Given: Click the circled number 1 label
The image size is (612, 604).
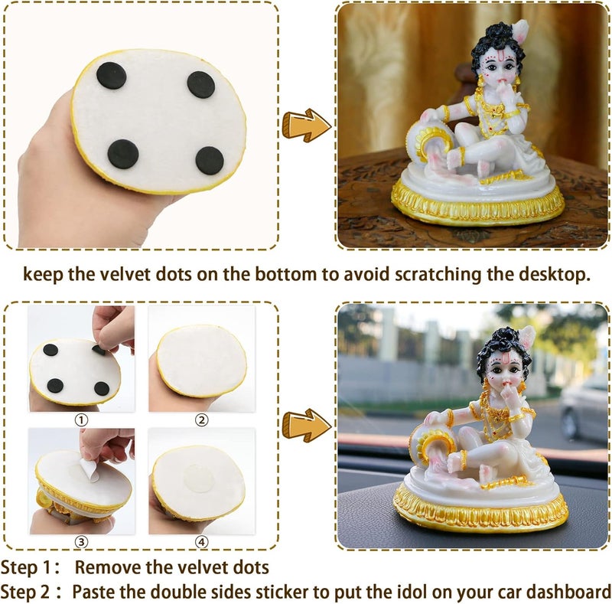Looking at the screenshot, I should [x=81, y=419].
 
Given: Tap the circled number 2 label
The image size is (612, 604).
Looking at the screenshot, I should [x=201, y=419].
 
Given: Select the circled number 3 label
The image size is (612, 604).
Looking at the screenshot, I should [x=81, y=543].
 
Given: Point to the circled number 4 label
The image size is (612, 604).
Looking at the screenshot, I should [x=201, y=543].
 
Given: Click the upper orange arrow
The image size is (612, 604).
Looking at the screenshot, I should [x=306, y=125].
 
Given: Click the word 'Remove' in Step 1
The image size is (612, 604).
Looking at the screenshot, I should [x=112, y=568].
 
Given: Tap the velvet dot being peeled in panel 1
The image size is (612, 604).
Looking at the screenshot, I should [x=99, y=349].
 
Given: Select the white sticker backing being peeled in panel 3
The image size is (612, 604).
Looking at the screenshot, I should [x=90, y=469].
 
